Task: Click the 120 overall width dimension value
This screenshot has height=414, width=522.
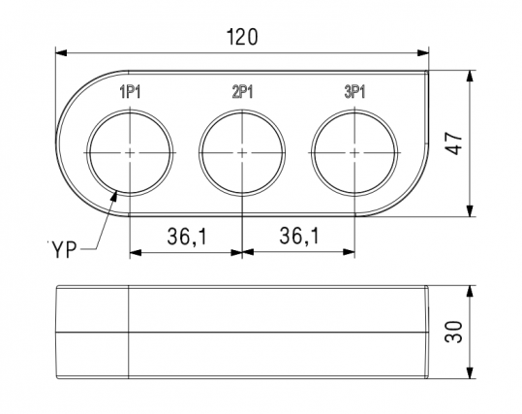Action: pos(241,38)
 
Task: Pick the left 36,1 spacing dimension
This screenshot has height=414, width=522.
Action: pos(186,236)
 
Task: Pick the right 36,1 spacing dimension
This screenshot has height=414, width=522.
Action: pos(298,236)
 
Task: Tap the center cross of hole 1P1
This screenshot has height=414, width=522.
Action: pos(131,153)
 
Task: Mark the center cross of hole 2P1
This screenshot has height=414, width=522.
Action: pos(242,153)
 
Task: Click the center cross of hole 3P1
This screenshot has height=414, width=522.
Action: pos(354,153)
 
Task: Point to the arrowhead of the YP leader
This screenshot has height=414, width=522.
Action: pos(117,194)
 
